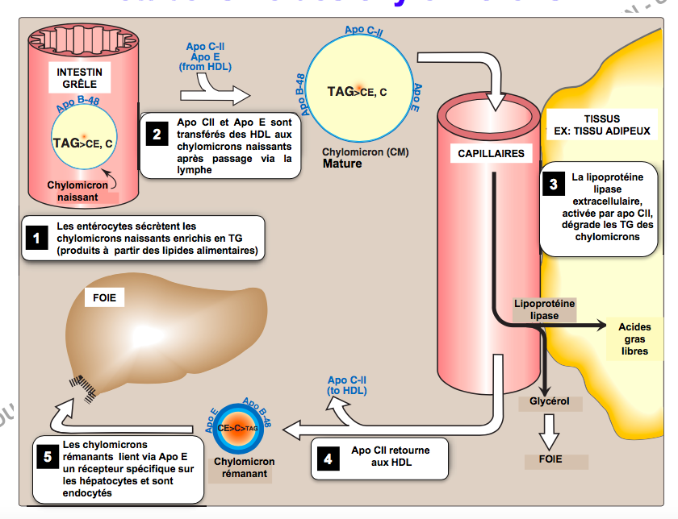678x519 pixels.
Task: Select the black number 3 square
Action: click(x=553, y=184)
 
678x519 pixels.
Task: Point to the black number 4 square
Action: click(x=327, y=459)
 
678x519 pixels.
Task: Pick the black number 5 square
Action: click(x=48, y=457)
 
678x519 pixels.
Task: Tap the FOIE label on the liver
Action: click(x=105, y=297)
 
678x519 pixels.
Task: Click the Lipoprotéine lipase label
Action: click(x=544, y=309)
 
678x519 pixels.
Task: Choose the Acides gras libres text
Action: click(x=634, y=339)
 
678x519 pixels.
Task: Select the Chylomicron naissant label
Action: click(x=77, y=191)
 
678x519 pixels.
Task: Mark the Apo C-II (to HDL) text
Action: click(x=348, y=385)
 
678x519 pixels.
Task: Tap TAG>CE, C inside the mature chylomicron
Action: click(x=356, y=92)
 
